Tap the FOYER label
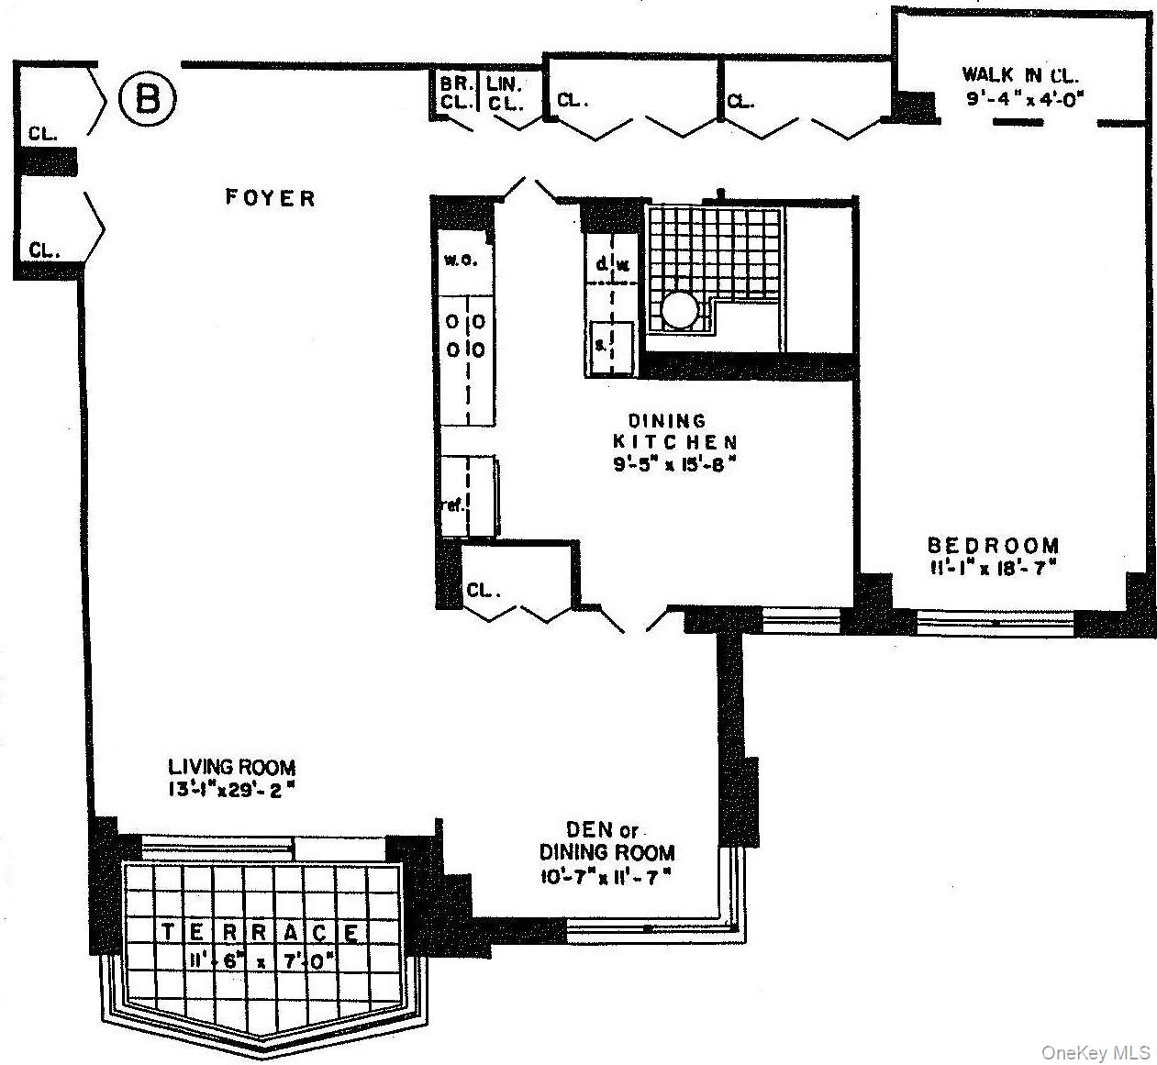pos(271,197)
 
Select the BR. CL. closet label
pos(454,93)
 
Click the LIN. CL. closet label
pos(504,93)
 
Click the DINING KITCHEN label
pos(673,431)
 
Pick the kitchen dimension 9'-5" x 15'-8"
pos(675,464)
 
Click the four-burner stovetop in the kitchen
pos(467,337)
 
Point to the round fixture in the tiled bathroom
pos(681,310)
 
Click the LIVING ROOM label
pos(231,767)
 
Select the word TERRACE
pos(261,933)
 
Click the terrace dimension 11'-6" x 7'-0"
pos(261,963)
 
